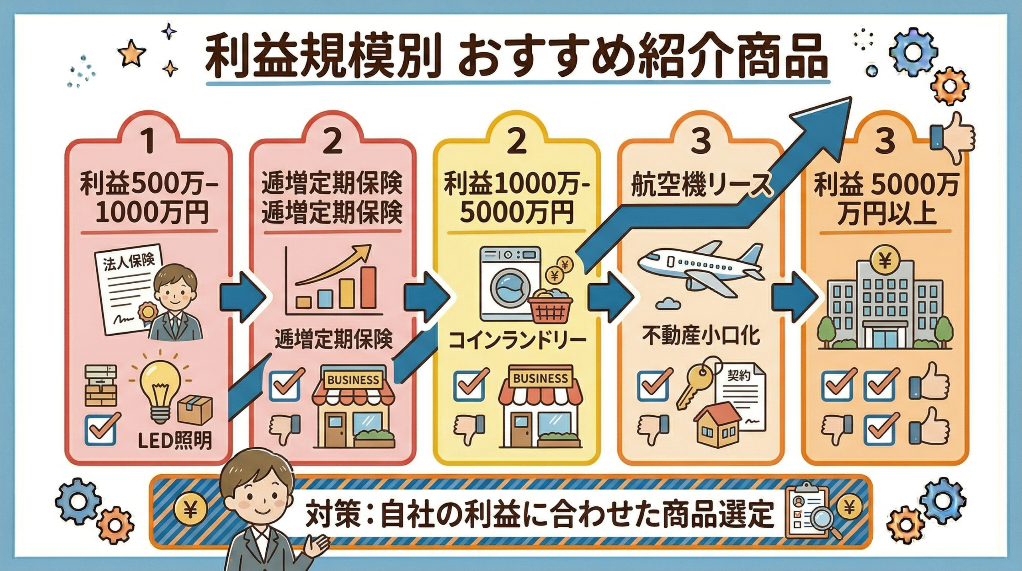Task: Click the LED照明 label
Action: tap(174, 441)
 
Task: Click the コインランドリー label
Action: tap(517, 341)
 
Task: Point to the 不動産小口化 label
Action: tap(701, 336)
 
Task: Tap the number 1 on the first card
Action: tap(148, 141)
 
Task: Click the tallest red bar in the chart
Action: tap(368, 288)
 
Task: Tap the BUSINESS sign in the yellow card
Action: tap(540, 378)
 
